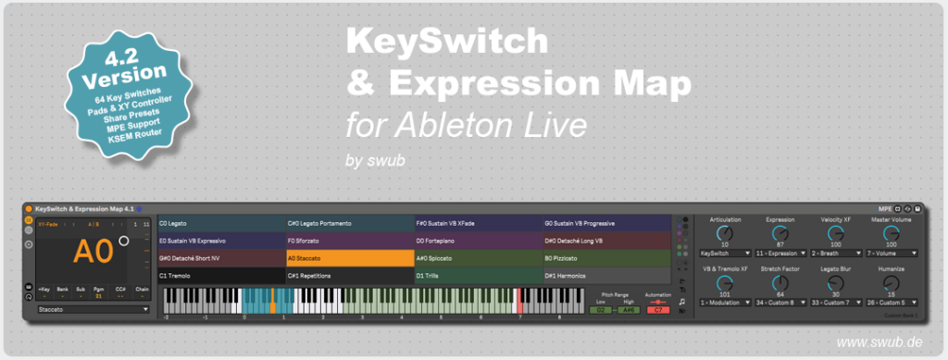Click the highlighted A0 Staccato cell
pyautogui.click(x=350, y=258)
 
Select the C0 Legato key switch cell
pyautogui.click(x=221, y=223)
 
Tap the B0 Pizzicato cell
pyautogui.click(x=605, y=258)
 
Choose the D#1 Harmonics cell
pyautogui.click(x=605, y=276)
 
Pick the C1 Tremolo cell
pyautogui.click(x=221, y=276)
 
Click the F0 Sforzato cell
pyautogui.click(x=350, y=241)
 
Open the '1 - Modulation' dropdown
pyautogui.click(x=726, y=302)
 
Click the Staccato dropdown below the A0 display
pyautogui.click(x=94, y=310)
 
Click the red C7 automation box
pyautogui.click(x=657, y=310)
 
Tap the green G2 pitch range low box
pyautogui.click(x=602, y=310)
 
